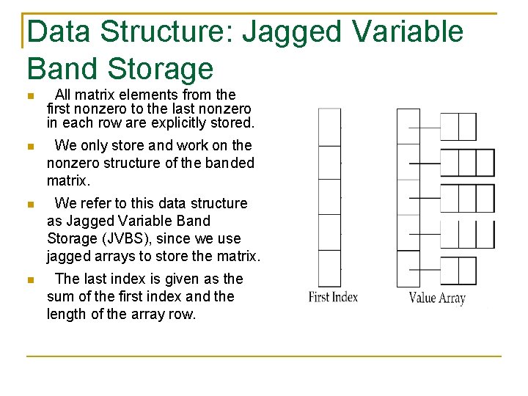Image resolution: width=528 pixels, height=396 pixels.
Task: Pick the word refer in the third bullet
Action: click(98, 203)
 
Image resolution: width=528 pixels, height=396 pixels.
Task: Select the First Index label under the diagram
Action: click(333, 297)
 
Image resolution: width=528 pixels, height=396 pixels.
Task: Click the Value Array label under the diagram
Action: click(437, 298)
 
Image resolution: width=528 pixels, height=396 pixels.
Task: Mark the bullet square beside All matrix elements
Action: click(29, 96)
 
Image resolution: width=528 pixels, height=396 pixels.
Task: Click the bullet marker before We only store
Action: click(29, 147)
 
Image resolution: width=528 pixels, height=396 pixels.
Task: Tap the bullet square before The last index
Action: click(29, 280)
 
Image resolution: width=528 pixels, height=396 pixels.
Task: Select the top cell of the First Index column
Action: click(329, 127)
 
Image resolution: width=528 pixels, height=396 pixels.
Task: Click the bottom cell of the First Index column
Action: click(329, 268)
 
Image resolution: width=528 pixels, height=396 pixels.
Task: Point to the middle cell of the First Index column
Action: click(329, 197)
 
